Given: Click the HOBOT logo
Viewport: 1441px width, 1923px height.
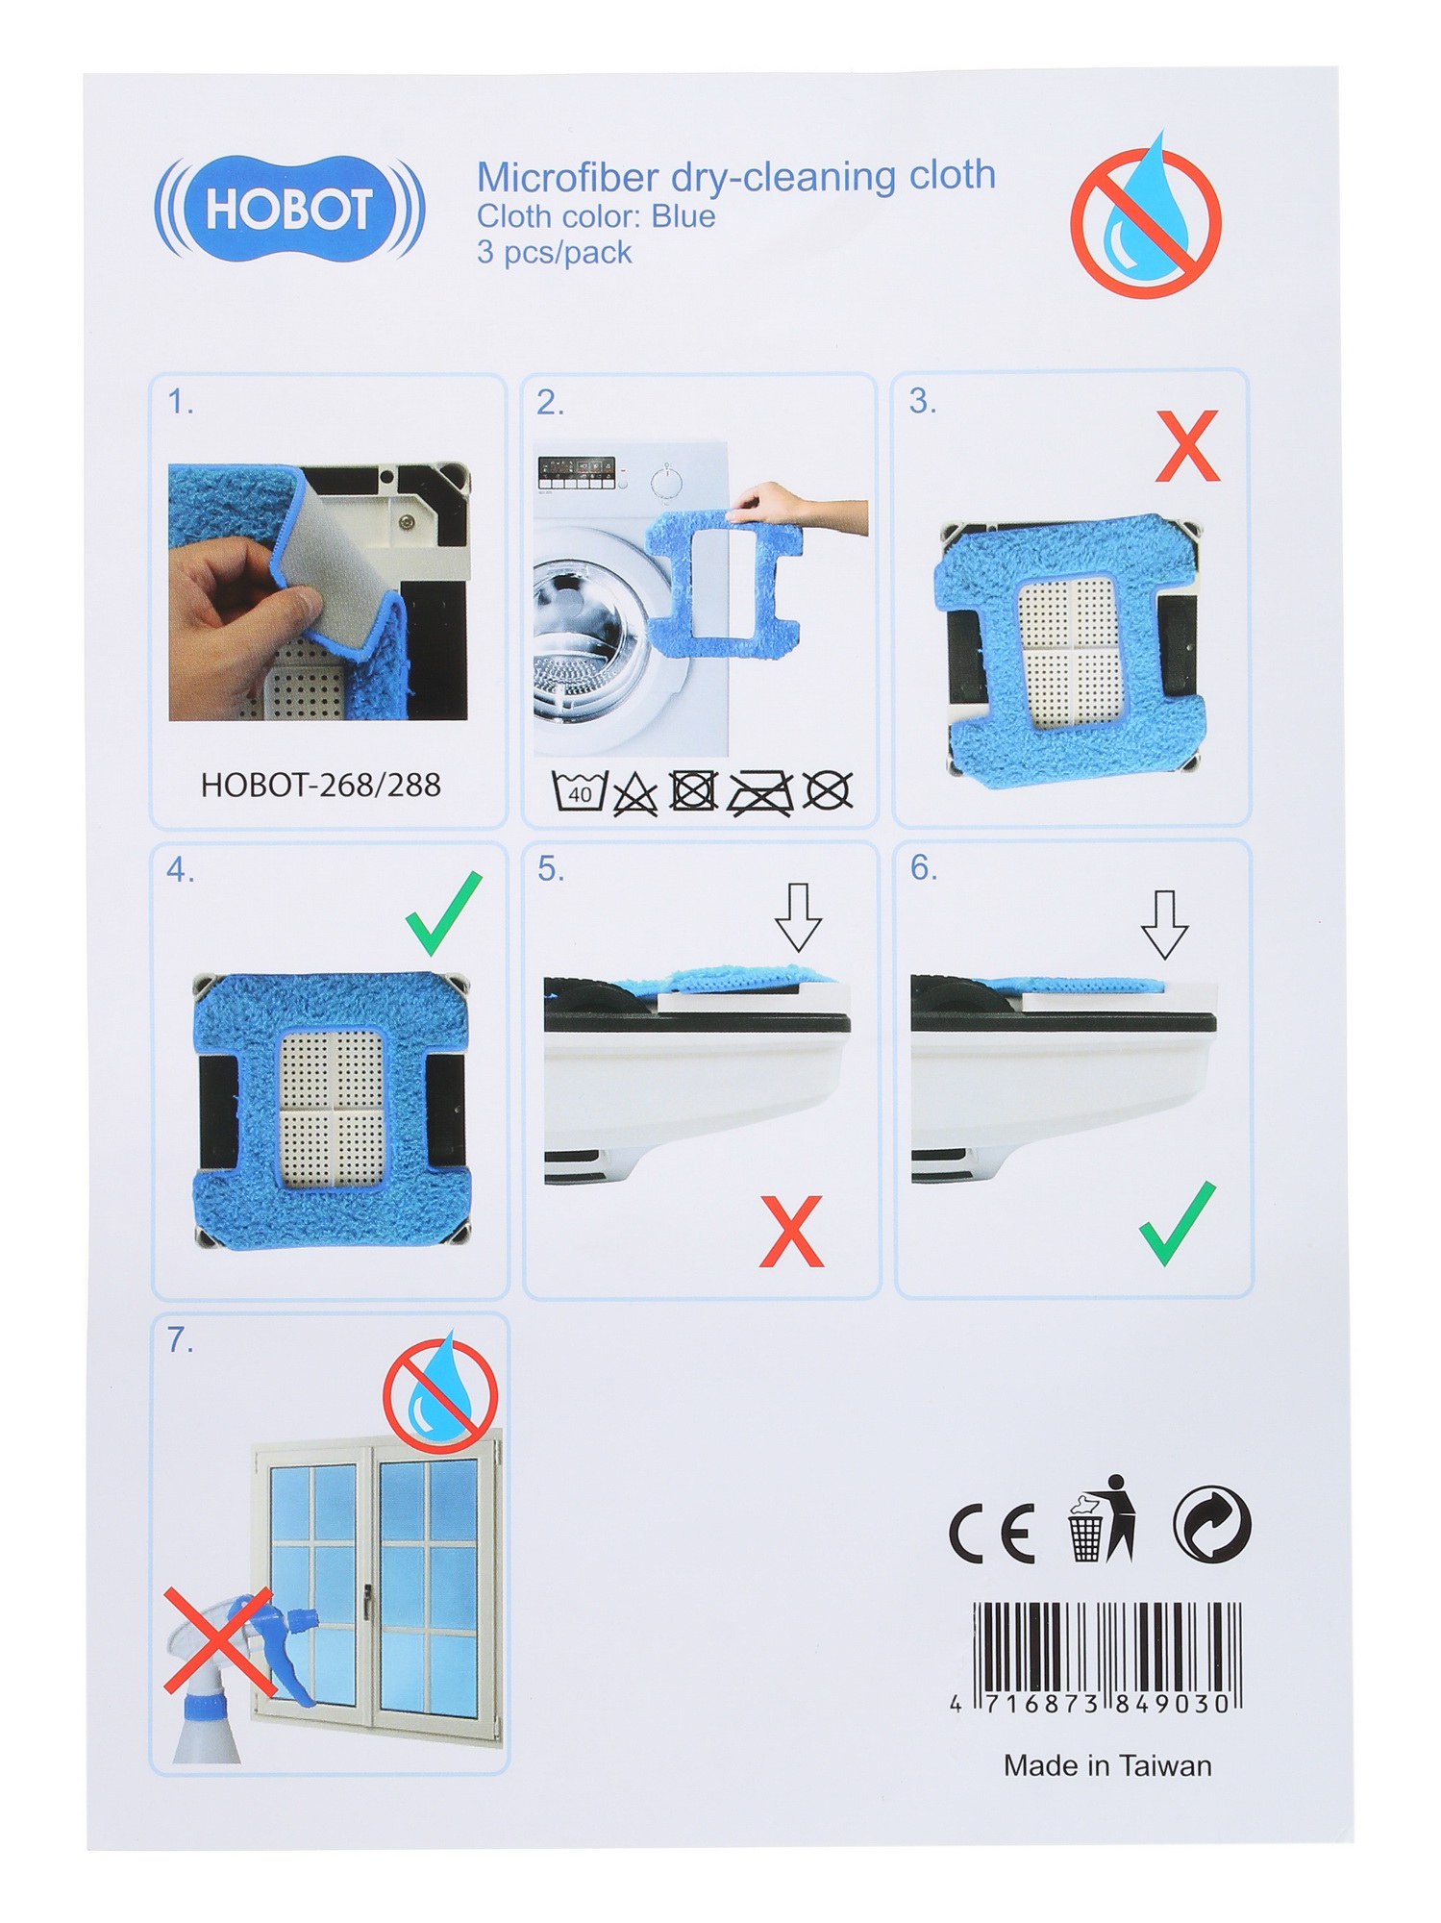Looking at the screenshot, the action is click(x=288, y=209).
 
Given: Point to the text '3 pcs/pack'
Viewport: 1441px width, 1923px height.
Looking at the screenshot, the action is click(x=554, y=253).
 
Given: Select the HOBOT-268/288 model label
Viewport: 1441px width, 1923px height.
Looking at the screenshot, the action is click(x=320, y=786).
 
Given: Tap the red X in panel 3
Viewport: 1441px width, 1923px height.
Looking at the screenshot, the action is click(x=1187, y=446).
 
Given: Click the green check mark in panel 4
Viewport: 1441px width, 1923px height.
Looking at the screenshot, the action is click(x=443, y=912).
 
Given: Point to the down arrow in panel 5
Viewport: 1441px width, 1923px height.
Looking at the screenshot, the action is click(x=798, y=917).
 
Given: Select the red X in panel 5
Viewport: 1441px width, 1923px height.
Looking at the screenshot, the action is click(x=791, y=1231).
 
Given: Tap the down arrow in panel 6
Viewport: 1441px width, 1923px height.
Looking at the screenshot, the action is click(x=1165, y=924).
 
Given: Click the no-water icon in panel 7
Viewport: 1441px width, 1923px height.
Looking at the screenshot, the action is click(x=440, y=1390).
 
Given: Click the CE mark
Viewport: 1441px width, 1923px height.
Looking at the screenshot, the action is click(x=991, y=1532).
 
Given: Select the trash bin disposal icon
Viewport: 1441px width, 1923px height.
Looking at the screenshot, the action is click(x=1102, y=1519).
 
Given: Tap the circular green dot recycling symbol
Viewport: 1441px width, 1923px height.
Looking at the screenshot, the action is click(x=1212, y=1525).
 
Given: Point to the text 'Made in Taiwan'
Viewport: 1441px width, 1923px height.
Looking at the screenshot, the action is click(x=1107, y=1765).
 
